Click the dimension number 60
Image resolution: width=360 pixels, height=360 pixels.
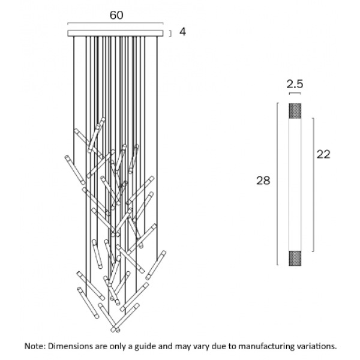tap(116, 15)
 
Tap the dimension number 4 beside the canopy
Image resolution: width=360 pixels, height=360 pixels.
tap(182, 32)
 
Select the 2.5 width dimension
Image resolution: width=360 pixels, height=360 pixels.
tap(295, 84)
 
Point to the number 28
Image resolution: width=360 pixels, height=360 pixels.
tap(263, 181)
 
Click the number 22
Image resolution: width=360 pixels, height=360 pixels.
tap(323, 154)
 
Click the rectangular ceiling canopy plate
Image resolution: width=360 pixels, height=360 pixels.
tap(115, 33)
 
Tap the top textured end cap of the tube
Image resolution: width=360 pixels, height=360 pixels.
tap(295, 110)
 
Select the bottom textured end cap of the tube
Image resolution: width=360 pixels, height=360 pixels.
tap(295, 258)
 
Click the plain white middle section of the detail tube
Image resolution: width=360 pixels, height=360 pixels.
tap(295, 185)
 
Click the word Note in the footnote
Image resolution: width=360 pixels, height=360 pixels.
tap(35, 346)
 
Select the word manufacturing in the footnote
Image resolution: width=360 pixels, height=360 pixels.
tap(274, 347)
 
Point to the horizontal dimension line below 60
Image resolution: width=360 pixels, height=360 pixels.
tap(115, 23)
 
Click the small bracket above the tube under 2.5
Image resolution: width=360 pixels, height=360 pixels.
tap(295, 93)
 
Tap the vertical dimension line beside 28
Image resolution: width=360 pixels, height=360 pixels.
tap(278, 184)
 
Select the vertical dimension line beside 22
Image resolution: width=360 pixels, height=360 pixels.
tap(313, 185)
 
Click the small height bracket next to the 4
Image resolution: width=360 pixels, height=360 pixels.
tap(170, 34)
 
